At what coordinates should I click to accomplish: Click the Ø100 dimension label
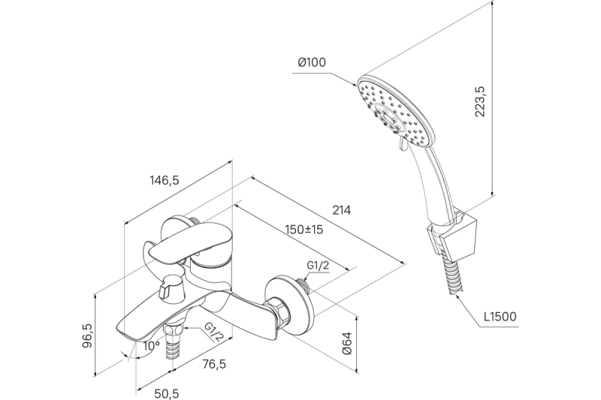pos(311,63)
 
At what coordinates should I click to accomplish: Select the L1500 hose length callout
pos(500,317)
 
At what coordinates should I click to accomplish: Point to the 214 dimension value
pos(341,210)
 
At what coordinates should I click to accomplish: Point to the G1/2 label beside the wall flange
pos(319,265)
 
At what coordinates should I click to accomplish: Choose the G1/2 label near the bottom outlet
pos(213,331)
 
